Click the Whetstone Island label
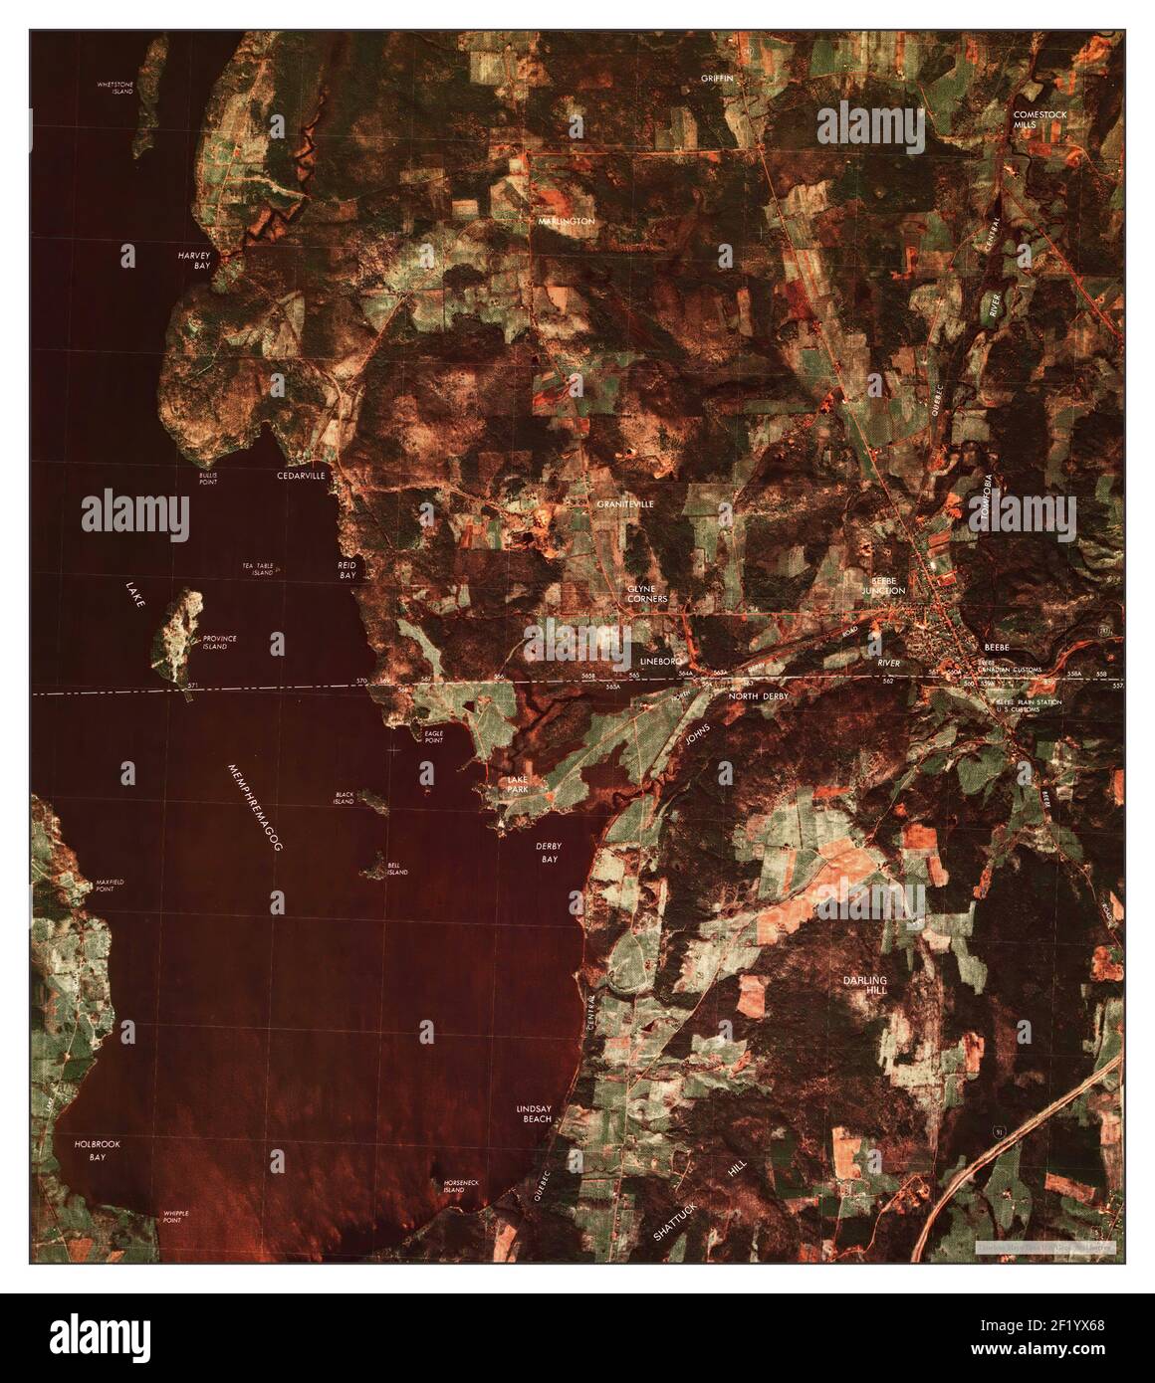point(115,89)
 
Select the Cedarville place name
point(301,477)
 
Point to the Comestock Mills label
point(1039,120)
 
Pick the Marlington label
point(566,221)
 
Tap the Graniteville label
point(625,505)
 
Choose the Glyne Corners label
point(647,594)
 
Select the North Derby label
point(759,697)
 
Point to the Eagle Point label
point(434,737)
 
